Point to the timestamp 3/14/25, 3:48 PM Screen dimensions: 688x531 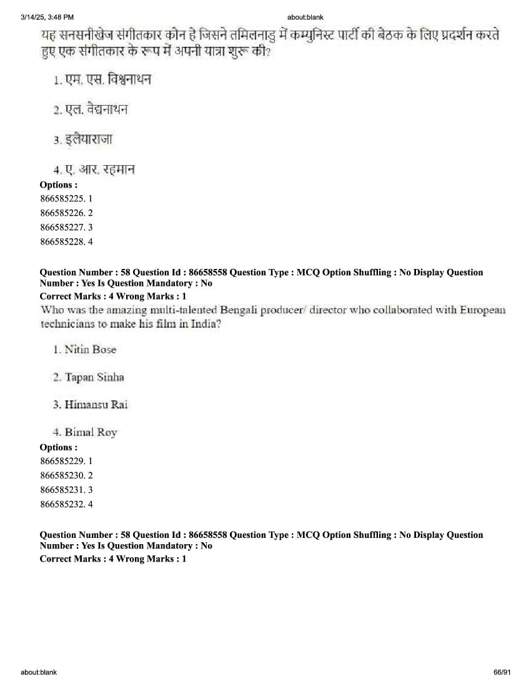[47, 17]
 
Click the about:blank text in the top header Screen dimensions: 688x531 [305, 17]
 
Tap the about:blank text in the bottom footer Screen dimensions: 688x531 [39, 672]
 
